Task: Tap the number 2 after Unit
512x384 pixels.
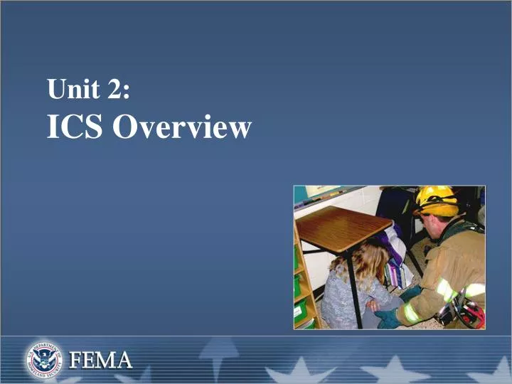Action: click(114, 91)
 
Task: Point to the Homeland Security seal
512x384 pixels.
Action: click(45, 358)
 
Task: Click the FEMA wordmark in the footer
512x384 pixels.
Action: click(100, 360)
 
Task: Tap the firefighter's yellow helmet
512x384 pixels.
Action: click(437, 201)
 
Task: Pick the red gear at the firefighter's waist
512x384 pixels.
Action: click(471, 313)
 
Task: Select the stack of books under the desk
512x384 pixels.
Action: click(398, 274)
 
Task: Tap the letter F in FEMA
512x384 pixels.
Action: click(75, 360)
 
